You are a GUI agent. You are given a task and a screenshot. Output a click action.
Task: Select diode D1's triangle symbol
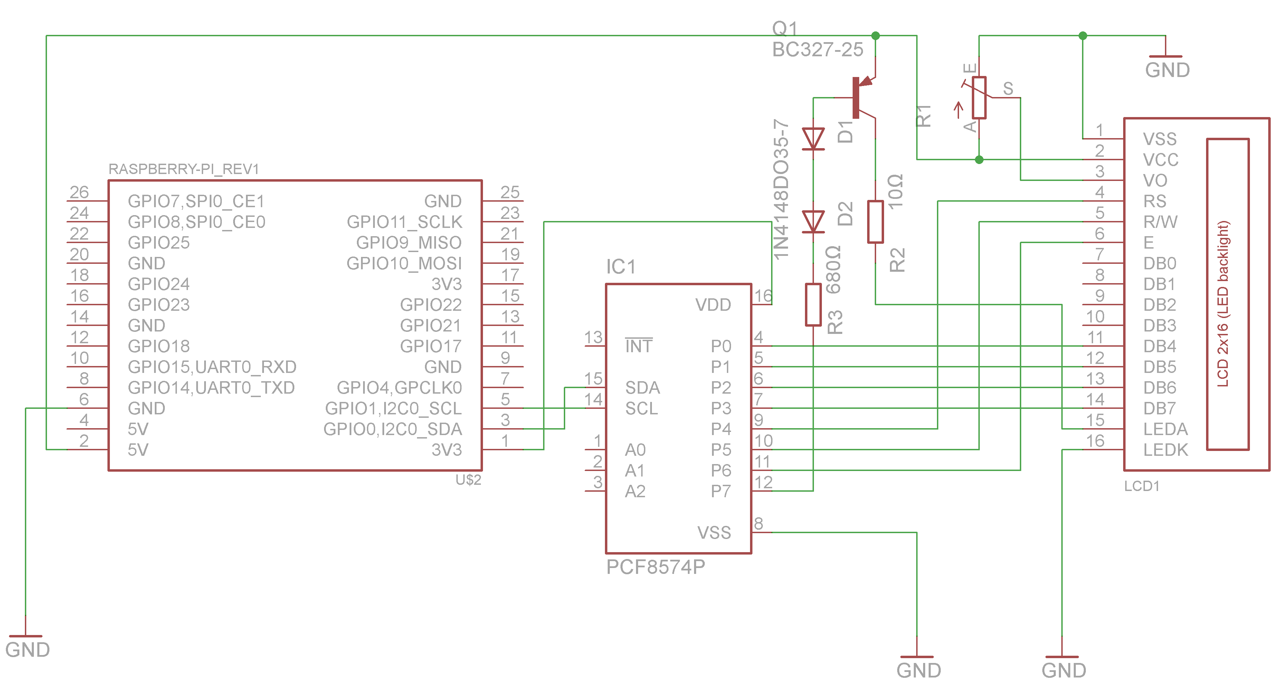click(813, 138)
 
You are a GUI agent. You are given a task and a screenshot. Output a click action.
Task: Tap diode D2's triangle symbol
click(813, 221)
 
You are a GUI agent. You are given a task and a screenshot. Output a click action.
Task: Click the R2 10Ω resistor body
click(875, 221)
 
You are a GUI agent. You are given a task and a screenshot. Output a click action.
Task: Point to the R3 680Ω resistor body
click(813, 304)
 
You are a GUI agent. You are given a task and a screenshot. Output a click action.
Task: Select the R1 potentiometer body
click(979, 98)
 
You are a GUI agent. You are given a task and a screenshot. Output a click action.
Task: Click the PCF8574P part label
click(655, 567)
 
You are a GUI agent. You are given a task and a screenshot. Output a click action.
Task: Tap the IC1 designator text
click(621, 267)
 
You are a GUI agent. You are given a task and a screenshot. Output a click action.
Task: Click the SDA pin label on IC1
click(642, 388)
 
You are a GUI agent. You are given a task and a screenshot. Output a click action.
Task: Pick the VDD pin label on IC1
click(713, 305)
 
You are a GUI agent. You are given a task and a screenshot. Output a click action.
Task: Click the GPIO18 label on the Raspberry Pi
click(159, 346)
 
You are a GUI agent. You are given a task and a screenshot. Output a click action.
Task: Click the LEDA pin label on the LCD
click(1165, 429)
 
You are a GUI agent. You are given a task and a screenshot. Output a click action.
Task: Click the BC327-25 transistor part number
click(817, 50)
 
